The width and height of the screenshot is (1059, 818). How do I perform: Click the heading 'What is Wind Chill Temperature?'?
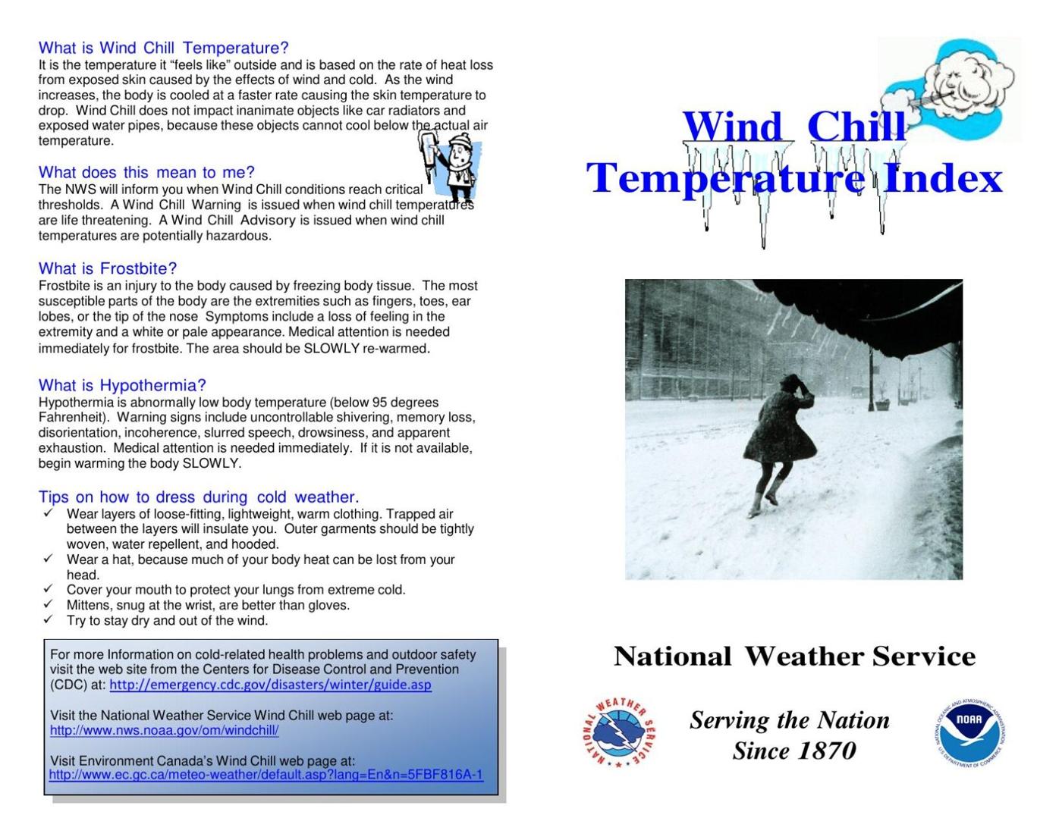coord(163,49)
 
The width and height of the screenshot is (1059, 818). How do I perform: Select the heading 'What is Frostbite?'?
coord(108,268)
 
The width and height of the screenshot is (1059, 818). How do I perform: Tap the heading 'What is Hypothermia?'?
coord(122,385)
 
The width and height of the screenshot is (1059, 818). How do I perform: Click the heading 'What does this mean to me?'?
coord(146,172)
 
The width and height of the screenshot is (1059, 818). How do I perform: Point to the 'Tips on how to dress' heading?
coord(198,497)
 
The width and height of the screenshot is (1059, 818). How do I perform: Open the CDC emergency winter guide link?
coord(270,685)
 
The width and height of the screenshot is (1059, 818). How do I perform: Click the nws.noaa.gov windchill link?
coord(164,731)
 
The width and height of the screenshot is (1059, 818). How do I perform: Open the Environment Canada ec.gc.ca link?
coord(266,775)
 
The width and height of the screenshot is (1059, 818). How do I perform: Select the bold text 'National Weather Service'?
coord(793,657)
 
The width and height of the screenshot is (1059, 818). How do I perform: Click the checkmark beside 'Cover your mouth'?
coord(49,589)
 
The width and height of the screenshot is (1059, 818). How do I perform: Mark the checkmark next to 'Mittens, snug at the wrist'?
coord(49,604)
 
